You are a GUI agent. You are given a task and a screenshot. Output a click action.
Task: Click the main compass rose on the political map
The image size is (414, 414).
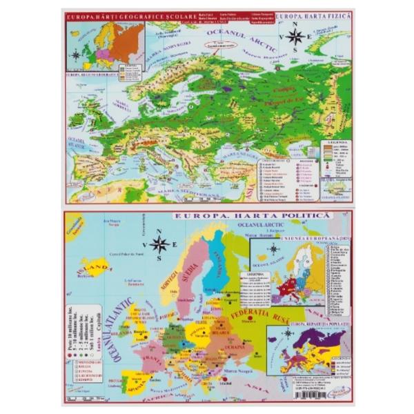click(x=160, y=244)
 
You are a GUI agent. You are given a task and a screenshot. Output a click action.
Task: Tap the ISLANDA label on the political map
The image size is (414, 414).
click(x=99, y=267)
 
